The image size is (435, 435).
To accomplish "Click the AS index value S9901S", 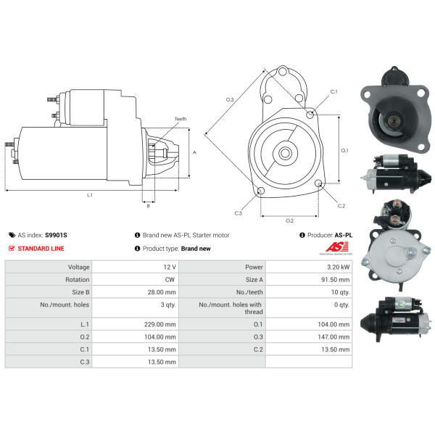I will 55,235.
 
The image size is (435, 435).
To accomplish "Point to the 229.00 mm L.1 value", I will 159,323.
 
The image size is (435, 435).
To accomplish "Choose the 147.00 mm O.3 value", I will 333,336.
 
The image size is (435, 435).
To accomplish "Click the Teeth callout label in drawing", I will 180,119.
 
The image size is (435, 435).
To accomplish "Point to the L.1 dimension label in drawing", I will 90,195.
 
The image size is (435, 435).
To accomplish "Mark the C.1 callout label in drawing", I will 333,92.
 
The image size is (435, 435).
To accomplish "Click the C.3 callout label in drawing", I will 238,213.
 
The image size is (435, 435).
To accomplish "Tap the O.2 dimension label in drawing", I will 289,220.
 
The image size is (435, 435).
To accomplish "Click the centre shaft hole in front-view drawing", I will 285,153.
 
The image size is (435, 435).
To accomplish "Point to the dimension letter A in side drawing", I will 194,152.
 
